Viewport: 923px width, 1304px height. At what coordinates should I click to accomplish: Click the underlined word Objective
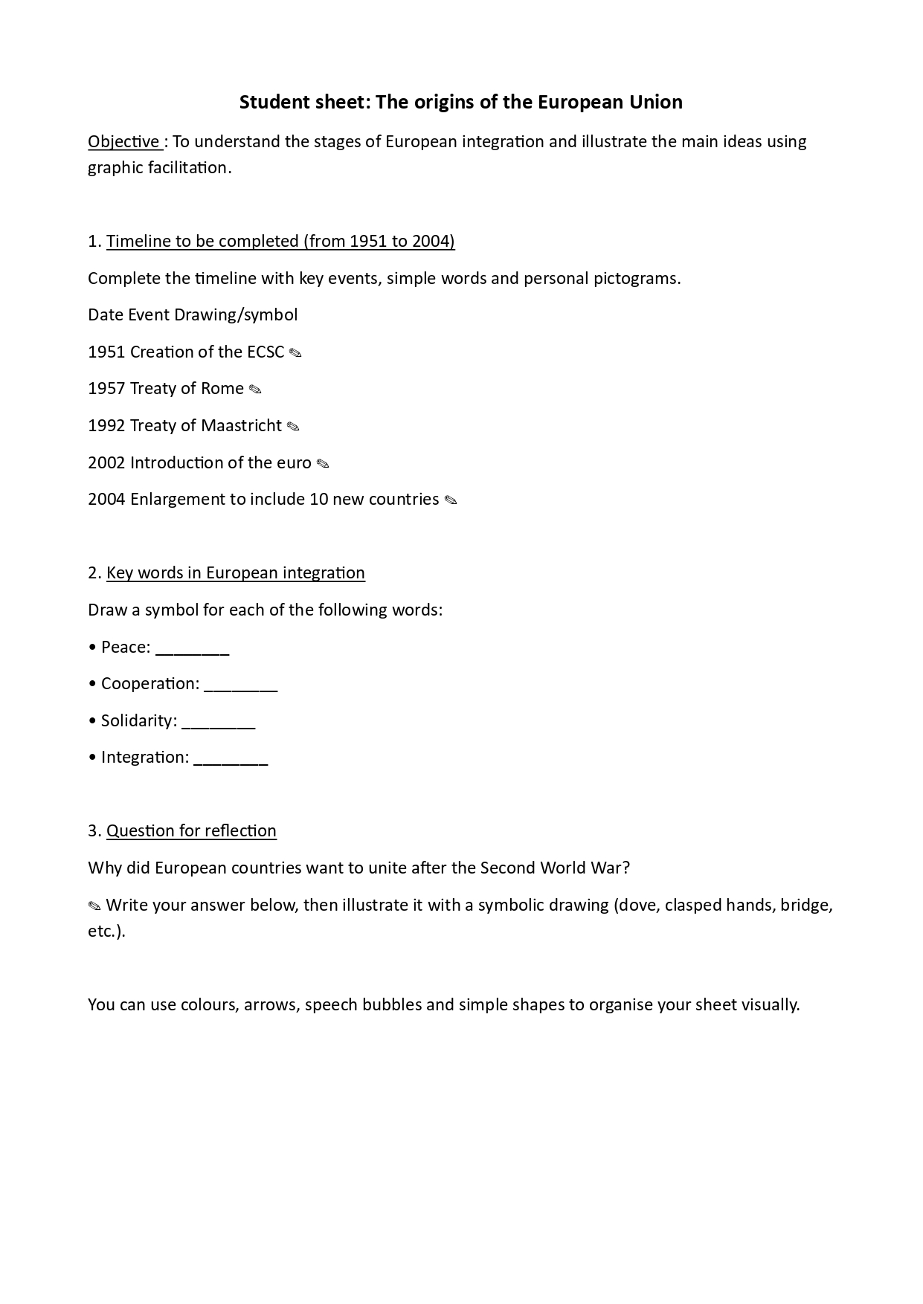pos(123,141)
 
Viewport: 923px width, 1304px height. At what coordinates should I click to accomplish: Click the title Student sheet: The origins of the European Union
pos(461,102)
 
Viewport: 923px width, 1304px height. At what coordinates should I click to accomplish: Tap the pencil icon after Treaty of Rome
pos(255,390)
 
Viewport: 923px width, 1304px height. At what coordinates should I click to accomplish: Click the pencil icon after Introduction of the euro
pos(323,464)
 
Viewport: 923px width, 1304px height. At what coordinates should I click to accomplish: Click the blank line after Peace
pos(193,648)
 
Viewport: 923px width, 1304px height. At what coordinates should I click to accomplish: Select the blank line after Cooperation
pos(240,685)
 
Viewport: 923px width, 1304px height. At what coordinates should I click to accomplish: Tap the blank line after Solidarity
pos(218,722)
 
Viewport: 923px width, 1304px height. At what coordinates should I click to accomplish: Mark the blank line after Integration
pos(231,758)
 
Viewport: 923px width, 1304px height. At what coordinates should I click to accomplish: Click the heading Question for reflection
pos(191,830)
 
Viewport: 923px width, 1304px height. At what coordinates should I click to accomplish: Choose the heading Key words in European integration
pos(236,572)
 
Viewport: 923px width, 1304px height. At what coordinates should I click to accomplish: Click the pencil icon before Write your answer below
pos(94,906)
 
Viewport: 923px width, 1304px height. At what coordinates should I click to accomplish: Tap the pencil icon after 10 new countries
pos(451,500)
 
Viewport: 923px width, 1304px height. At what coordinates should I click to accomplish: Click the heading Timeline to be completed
pos(280,241)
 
